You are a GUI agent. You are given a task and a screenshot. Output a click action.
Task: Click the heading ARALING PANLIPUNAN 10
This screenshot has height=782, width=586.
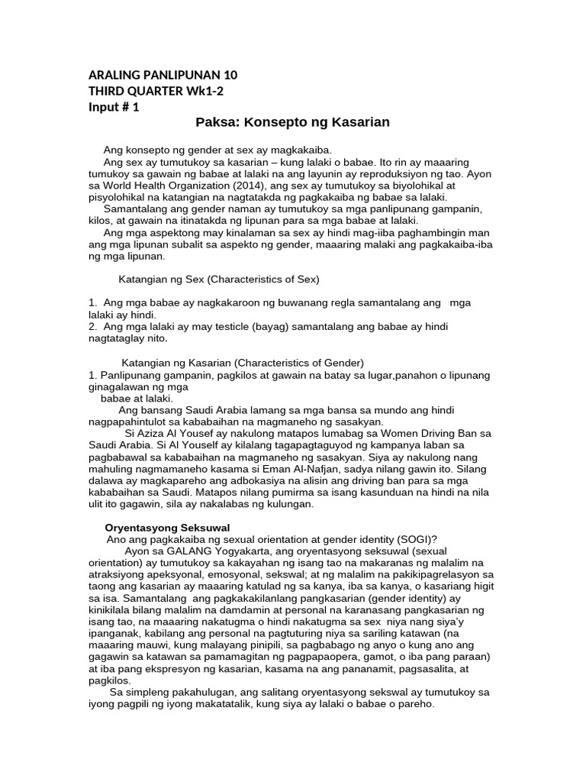(163, 75)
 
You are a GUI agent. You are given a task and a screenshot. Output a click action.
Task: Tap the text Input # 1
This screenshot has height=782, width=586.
(114, 107)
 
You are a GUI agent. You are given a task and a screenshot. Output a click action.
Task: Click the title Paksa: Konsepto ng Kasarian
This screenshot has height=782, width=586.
(292, 122)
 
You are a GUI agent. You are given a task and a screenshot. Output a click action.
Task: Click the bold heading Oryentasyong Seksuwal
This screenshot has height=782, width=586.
(167, 528)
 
